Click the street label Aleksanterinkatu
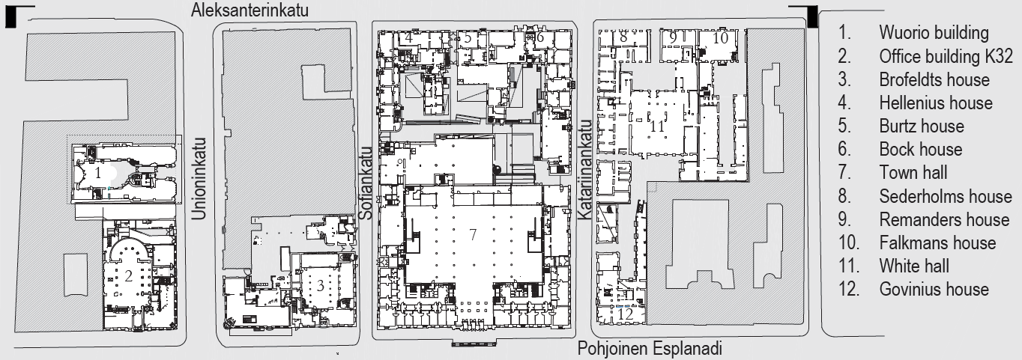coord(250,10)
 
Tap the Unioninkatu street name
coord(199,179)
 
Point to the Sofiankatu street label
coord(366,183)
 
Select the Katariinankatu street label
coord(585,170)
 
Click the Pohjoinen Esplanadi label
coord(650,349)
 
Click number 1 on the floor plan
coord(97,173)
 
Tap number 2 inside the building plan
coord(128,275)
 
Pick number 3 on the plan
coord(320,286)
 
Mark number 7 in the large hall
coord(473,234)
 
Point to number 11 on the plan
coord(657,126)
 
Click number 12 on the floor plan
coord(625,314)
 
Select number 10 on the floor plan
coord(720,38)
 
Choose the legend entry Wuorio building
coord(934,33)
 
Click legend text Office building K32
coord(946,56)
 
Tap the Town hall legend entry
coord(913,172)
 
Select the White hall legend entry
coord(914,266)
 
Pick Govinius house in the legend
coord(934,289)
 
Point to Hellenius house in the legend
coord(936,103)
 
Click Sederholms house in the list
coord(946,196)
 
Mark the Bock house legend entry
coord(921,149)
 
